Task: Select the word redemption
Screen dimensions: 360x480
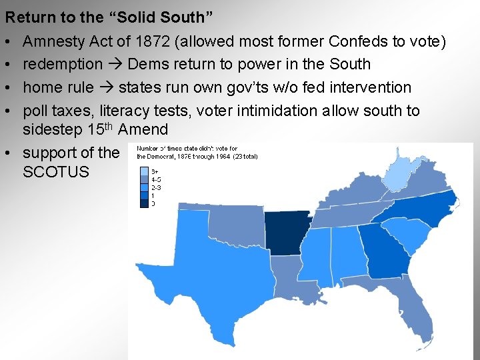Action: click(63, 64)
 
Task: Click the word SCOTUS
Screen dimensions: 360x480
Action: click(56, 172)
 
